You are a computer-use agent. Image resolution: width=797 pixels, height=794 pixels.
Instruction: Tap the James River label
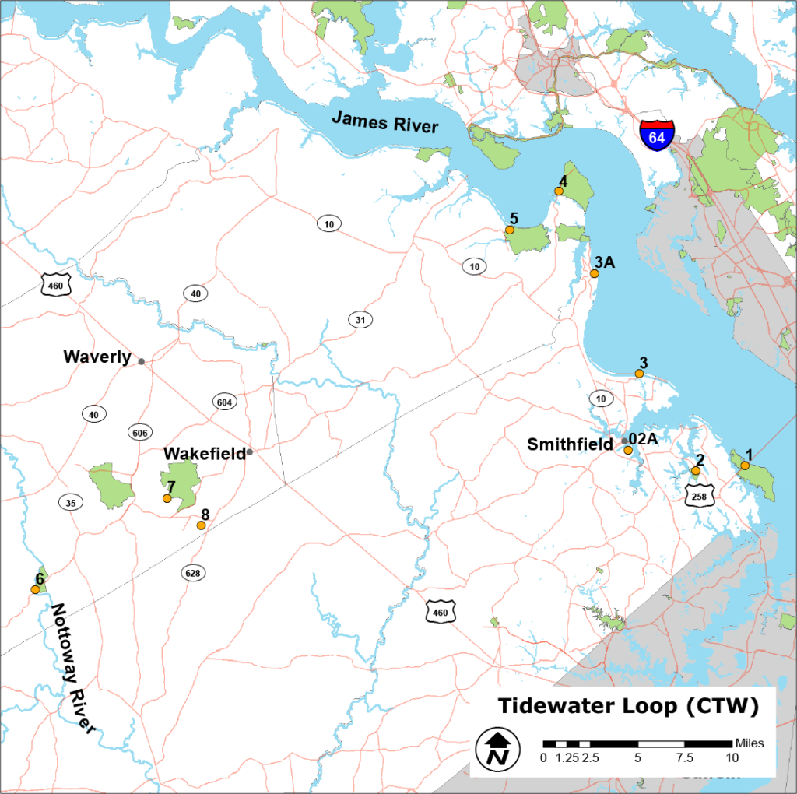(x=385, y=122)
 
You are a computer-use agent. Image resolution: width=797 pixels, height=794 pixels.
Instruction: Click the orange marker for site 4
(x=558, y=191)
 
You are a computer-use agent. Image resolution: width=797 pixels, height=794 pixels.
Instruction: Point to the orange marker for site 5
(x=510, y=230)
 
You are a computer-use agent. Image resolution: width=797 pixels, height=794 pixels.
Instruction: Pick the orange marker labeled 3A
(x=595, y=274)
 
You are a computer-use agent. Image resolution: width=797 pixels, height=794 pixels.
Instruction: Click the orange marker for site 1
(x=745, y=466)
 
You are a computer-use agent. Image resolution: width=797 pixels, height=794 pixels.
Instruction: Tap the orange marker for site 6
(x=35, y=589)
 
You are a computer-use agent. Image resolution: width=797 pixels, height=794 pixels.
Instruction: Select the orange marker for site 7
(x=167, y=498)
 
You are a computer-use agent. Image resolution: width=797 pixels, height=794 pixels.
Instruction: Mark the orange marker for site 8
(x=201, y=525)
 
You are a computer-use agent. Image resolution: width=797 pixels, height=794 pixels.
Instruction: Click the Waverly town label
(x=97, y=357)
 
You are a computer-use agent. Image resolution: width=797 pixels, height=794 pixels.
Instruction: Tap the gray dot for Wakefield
(x=250, y=451)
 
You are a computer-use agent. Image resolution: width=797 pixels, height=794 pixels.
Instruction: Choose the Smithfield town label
(x=570, y=444)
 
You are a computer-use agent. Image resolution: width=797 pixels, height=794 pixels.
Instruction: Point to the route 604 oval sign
(x=224, y=402)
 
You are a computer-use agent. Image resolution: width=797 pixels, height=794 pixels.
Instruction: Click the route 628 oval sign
(x=193, y=573)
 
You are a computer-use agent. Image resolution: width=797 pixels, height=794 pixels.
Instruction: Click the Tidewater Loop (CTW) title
(x=627, y=706)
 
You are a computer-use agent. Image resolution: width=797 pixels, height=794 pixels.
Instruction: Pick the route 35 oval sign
(x=71, y=503)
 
